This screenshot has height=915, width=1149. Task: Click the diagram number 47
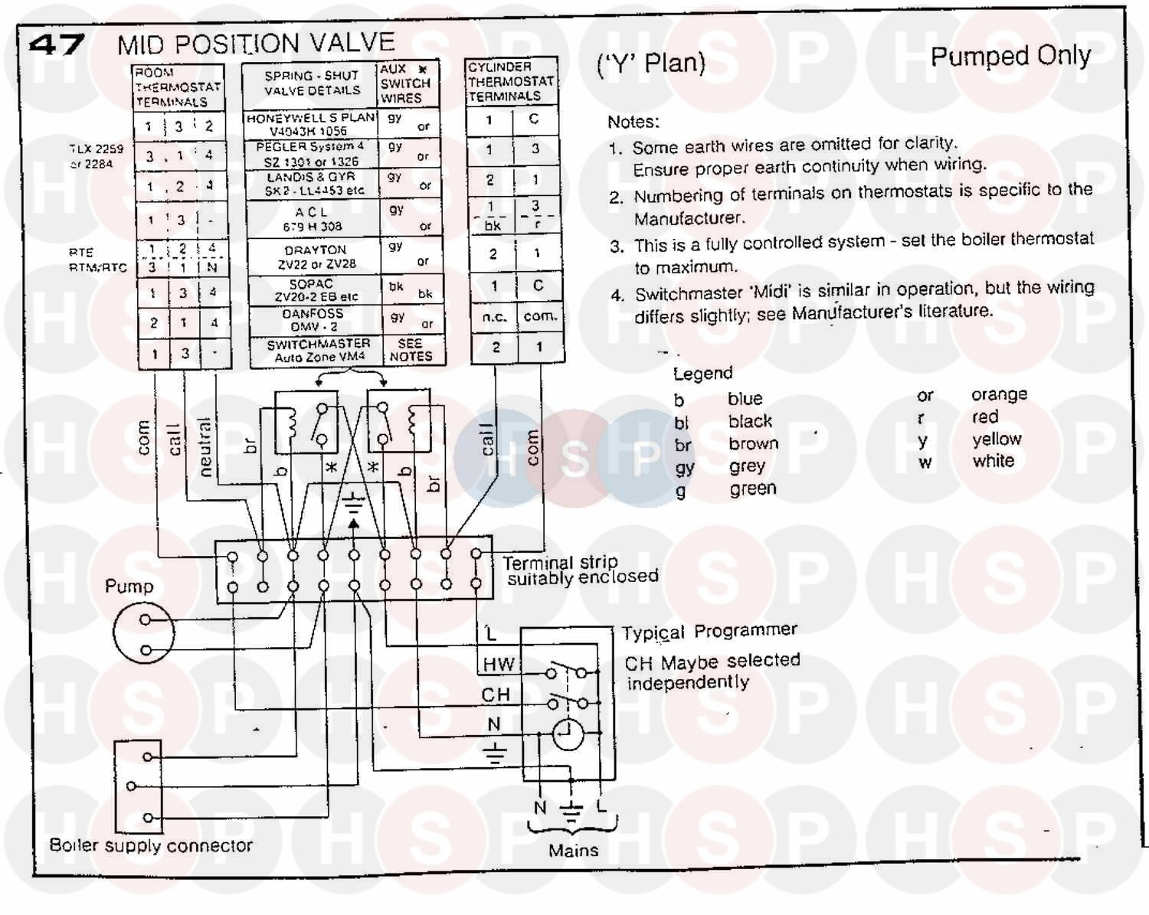pyautogui.click(x=56, y=45)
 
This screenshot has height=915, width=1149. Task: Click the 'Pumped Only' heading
pyautogui.click(x=1010, y=57)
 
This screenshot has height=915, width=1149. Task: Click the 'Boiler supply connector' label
pyautogui.click(x=151, y=845)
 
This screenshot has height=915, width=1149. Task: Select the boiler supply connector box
pyautogui.click(x=138, y=786)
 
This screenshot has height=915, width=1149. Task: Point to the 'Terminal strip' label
pyautogui.click(x=560, y=563)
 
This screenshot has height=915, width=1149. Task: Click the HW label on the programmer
pyautogui.click(x=499, y=665)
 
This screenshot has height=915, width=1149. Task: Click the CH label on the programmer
pyautogui.click(x=496, y=694)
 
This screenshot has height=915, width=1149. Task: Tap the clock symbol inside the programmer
pyautogui.click(x=568, y=735)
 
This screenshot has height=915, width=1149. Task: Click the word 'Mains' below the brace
pyautogui.click(x=573, y=850)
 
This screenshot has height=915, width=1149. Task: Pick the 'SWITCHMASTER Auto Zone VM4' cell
pyautogui.click(x=317, y=351)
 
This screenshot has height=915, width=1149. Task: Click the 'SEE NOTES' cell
pyautogui.click(x=411, y=350)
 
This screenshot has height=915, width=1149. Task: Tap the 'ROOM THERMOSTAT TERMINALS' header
pyautogui.click(x=177, y=87)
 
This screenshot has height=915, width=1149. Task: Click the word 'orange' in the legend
pyautogui.click(x=999, y=394)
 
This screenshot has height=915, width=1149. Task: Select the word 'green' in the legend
pyautogui.click(x=752, y=489)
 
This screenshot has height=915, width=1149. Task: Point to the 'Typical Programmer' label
pyautogui.click(x=709, y=632)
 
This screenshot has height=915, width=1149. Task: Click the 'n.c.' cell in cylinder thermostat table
pyautogui.click(x=494, y=316)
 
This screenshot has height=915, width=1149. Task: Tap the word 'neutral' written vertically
pyautogui.click(x=205, y=447)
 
